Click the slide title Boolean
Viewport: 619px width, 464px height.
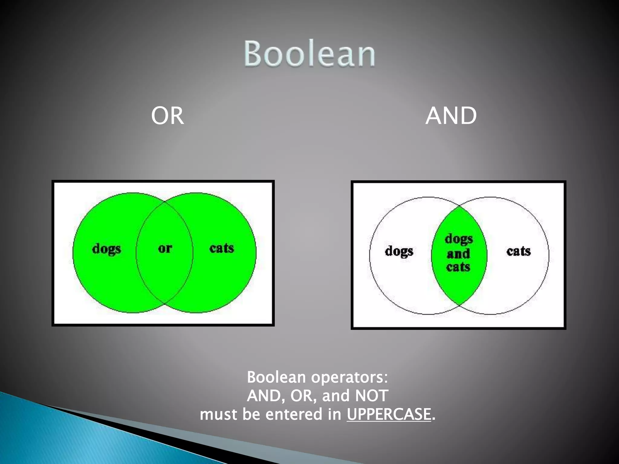[309, 53]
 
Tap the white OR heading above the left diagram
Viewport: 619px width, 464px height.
[167, 116]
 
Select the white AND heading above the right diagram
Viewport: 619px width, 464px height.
[451, 116]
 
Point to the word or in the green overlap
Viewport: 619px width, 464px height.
[165, 248]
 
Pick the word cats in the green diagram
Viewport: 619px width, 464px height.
[222, 248]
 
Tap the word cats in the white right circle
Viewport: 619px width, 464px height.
[519, 251]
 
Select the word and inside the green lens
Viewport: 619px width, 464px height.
[459, 254]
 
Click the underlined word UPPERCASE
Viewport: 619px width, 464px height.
[389, 414]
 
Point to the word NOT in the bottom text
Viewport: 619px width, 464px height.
[372, 396]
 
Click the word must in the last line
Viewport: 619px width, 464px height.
[218, 414]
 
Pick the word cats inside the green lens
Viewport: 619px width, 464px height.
[458, 267]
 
